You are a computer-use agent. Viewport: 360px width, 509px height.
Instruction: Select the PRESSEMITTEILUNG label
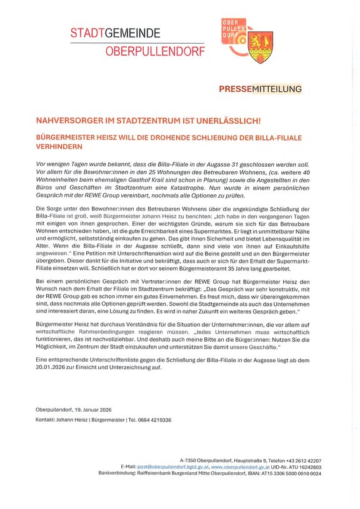pos(260,89)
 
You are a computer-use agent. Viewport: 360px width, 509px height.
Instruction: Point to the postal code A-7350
pos(189,460)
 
